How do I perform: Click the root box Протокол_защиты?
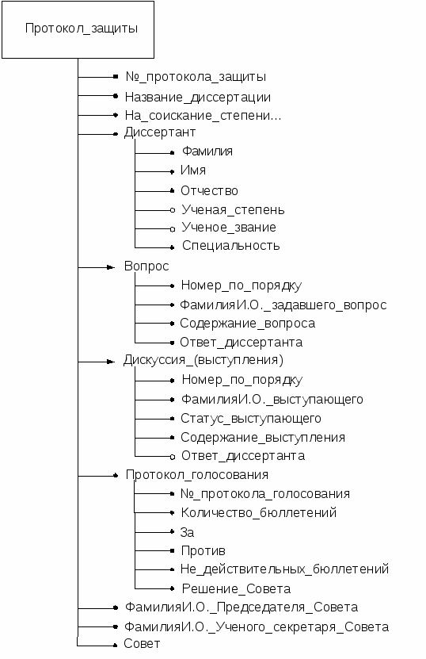coord(78,29)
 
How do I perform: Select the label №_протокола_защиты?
coord(196,77)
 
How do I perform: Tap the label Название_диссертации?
coord(198,98)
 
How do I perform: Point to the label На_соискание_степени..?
coord(203,116)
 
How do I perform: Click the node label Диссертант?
coord(160,132)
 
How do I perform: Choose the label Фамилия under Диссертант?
coord(207,151)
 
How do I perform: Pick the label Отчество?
coord(209,191)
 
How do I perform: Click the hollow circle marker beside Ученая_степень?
coord(172,209)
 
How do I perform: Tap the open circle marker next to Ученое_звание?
coord(172,229)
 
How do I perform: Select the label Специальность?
coord(231,246)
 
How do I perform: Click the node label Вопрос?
coord(146,266)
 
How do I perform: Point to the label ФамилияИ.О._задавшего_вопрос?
coord(283,305)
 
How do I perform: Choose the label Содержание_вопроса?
coord(248,324)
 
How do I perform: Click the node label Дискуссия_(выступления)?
coord(203,360)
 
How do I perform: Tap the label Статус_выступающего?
coord(251,419)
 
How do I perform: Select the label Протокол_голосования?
coord(197,475)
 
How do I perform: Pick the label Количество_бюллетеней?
coord(259,513)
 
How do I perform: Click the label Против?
coord(203,551)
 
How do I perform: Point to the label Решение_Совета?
coord(236,588)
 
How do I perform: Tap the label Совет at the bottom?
coord(142,644)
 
